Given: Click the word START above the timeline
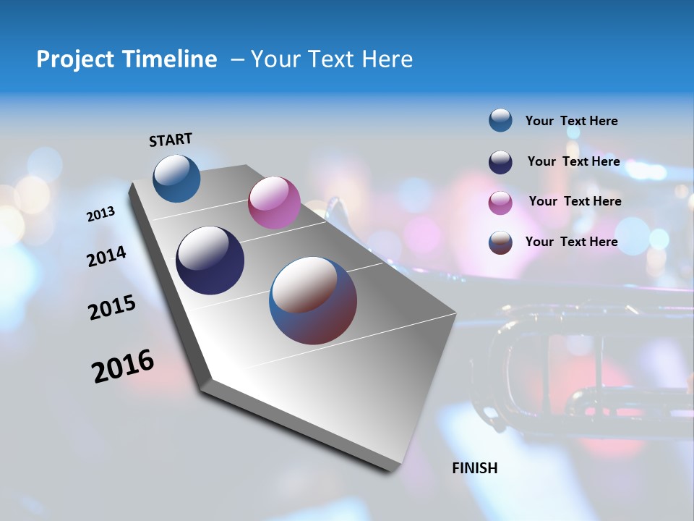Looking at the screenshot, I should (171, 140).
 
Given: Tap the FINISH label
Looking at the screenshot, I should (474, 468).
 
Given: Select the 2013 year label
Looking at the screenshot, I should (101, 214).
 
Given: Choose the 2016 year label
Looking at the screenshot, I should (123, 366).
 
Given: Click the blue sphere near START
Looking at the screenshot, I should (176, 178).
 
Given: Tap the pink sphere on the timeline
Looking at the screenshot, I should (274, 203).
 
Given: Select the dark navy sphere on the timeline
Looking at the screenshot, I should (210, 260).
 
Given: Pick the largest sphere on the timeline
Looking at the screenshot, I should (313, 300).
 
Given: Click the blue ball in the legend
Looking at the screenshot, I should (500, 120).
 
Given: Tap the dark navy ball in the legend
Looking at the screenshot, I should (500, 162).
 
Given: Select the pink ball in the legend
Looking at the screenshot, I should (500, 203).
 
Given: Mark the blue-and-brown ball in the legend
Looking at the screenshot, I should (500, 242).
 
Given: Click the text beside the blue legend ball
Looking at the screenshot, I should (571, 121).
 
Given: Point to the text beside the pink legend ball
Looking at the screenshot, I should (575, 201).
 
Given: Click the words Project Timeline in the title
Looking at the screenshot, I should (127, 59).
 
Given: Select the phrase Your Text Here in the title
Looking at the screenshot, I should (331, 59).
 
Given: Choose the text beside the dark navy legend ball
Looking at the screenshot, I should (573, 161).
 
